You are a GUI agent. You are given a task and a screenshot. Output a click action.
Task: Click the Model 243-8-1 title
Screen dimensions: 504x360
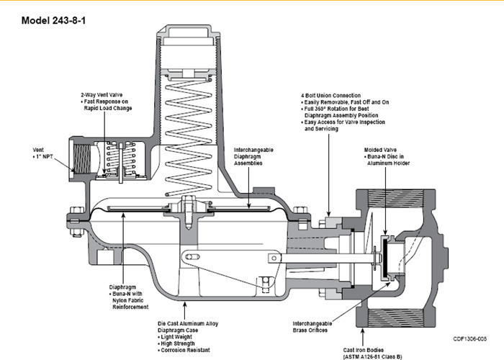53,21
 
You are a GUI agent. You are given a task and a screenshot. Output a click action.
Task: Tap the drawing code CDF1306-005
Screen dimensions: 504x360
470,339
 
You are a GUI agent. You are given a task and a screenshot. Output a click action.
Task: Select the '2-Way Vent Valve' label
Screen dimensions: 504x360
102,95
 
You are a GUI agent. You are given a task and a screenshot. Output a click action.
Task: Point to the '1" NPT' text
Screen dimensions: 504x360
45,157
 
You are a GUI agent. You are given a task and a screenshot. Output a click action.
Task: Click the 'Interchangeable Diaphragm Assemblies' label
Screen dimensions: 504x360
253,156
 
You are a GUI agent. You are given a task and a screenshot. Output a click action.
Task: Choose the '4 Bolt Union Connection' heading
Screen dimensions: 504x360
330,96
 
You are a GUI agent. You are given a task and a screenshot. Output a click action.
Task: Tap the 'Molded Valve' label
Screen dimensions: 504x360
380,150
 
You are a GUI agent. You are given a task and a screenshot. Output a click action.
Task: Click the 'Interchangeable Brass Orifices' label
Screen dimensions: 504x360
312,327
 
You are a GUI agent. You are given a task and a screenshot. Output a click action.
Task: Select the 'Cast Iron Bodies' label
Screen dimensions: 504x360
363,350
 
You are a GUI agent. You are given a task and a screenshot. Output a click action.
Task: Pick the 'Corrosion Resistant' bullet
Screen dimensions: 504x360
184,350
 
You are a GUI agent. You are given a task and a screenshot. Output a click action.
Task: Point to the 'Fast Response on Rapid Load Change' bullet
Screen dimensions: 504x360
106,105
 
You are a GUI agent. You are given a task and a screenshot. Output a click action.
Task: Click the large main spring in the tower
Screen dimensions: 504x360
189,137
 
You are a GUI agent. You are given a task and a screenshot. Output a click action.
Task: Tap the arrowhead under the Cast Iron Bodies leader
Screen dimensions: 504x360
363,330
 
